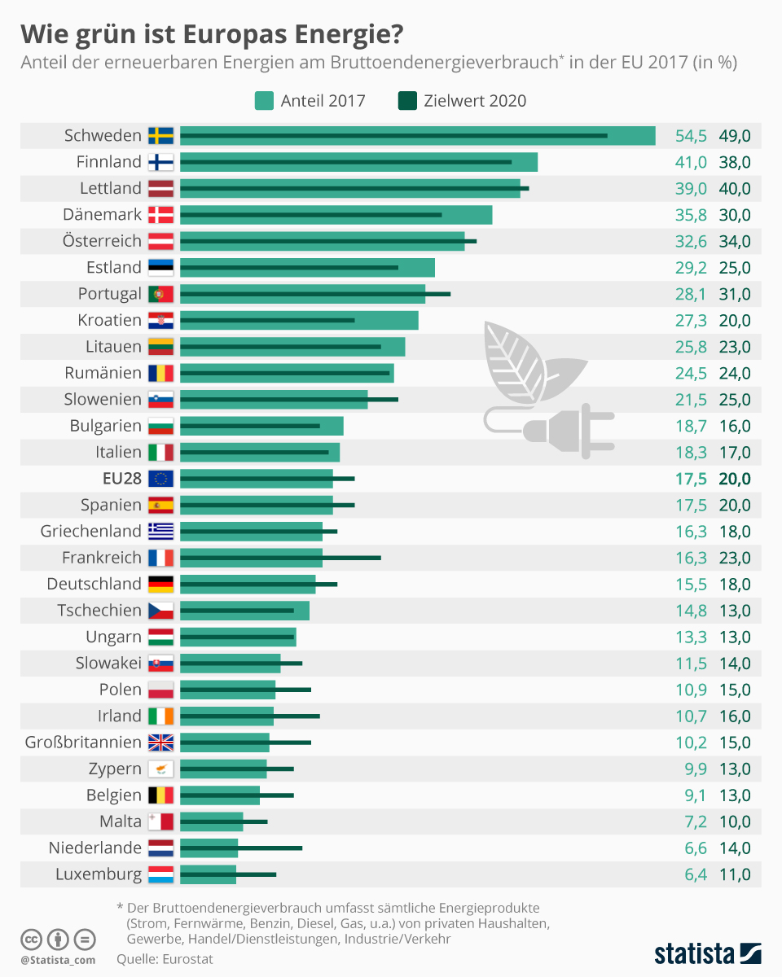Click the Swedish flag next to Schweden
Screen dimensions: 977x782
(x=160, y=136)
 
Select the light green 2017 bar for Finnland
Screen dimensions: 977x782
(x=358, y=162)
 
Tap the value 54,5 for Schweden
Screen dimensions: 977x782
(x=691, y=136)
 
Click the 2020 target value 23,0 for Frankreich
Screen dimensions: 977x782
(x=734, y=558)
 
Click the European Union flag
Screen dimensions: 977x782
(x=160, y=479)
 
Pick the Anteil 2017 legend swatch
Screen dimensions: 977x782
(x=264, y=101)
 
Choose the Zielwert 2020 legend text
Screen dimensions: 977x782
(x=475, y=101)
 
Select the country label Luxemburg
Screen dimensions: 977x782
(x=99, y=874)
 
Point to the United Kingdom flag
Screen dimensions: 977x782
(x=160, y=743)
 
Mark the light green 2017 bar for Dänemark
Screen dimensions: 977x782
(x=336, y=215)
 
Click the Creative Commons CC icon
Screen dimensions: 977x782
(x=31, y=939)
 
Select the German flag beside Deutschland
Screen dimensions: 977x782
(x=160, y=584)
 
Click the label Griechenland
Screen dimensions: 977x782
(x=91, y=532)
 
